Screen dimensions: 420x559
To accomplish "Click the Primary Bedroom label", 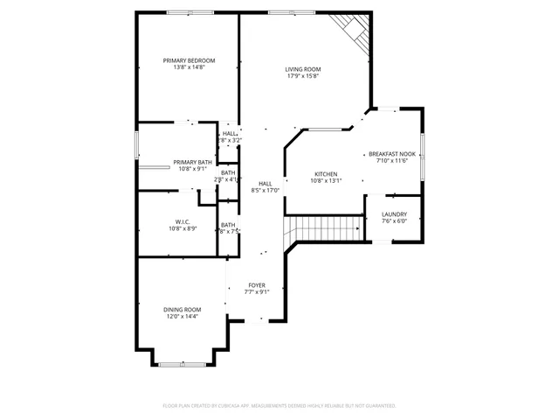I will click(x=189, y=60).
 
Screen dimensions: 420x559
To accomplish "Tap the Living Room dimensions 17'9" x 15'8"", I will click(x=303, y=76).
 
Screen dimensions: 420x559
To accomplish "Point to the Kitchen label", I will click(x=326, y=174).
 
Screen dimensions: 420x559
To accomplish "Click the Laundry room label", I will click(x=393, y=213).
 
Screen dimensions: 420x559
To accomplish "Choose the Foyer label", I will click(x=256, y=285).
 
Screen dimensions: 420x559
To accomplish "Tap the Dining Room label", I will click(x=182, y=309).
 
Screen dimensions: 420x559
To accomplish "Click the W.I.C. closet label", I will click(x=183, y=221).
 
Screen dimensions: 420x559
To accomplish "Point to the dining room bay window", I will click(x=183, y=362).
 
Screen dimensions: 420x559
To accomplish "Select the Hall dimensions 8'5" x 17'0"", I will click(x=265, y=190).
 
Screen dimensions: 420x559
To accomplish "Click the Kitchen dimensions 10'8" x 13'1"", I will click(x=327, y=181).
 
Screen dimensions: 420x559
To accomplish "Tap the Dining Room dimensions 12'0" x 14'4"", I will click(x=182, y=316).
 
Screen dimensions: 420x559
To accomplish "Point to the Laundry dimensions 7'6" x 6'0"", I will click(x=393, y=220).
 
